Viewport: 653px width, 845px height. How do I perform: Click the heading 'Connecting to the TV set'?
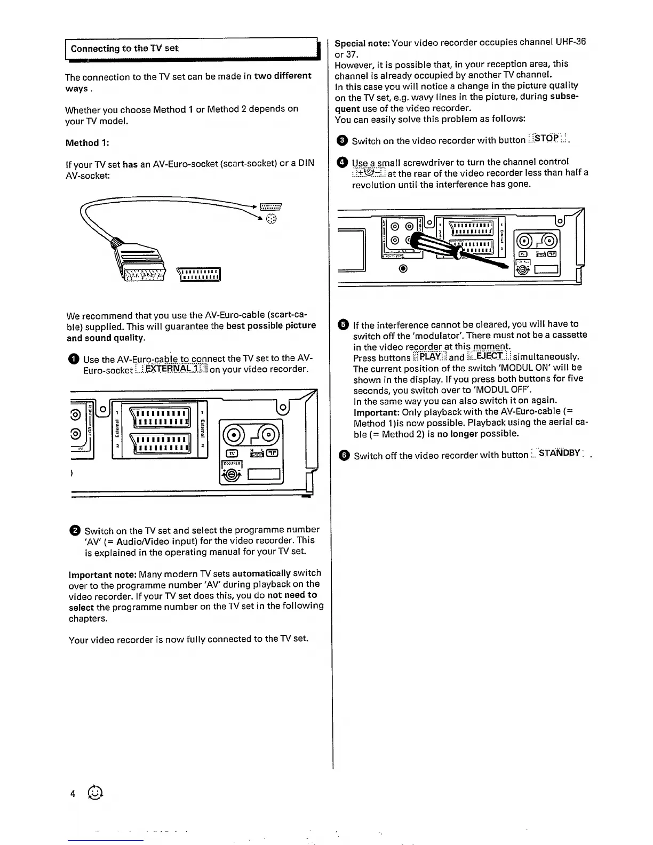tap(124, 49)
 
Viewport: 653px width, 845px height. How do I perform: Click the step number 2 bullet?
tap(75, 530)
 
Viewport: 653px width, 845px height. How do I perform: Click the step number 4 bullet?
tap(343, 162)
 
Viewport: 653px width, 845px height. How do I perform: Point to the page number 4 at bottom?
tap(73, 793)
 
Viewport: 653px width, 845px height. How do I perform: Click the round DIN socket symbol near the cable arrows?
tap(270, 219)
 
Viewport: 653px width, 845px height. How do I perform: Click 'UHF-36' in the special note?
tap(570, 42)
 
